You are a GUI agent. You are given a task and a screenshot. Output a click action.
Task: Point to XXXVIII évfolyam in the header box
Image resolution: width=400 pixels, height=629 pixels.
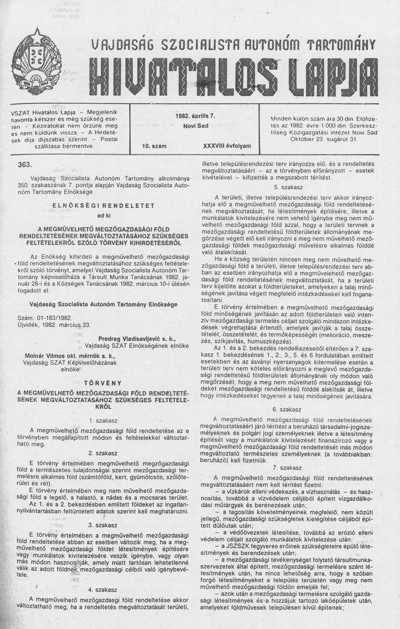(227, 146)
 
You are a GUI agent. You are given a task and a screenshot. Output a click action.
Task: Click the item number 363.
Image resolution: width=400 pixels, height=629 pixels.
(25, 165)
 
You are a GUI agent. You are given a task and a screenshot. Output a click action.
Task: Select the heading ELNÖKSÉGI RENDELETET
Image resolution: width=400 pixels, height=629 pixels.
(103, 206)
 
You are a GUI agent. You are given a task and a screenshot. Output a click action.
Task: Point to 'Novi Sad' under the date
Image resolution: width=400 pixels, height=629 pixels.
(195, 126)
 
